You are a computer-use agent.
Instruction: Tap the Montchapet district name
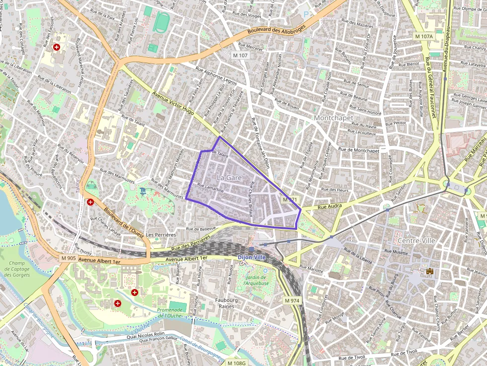tap(333, 118)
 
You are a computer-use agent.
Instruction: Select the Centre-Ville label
tap(418, 240)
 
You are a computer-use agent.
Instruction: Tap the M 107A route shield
tap(424, 36)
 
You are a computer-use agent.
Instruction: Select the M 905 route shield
tap(69, 258)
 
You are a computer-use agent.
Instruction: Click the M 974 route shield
tap(292, 301)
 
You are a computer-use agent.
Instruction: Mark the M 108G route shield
tap(236, 363)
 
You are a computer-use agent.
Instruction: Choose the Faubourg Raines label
tap(229, 303)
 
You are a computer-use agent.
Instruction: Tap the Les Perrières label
tap(162, 234)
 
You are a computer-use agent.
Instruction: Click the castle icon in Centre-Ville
tap(429, 271)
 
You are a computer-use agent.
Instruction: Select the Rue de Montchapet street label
tap(358, 150)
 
